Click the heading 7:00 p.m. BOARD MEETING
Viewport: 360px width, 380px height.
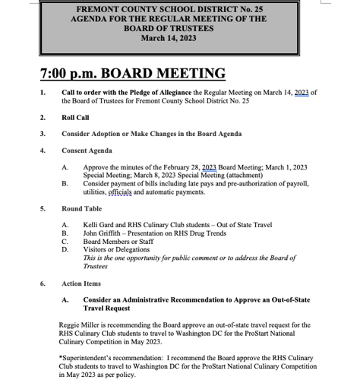[133, 74]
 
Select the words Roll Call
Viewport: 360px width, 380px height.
[75, 118]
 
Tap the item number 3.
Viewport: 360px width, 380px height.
[43, 134]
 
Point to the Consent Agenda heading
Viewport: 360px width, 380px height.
[87, 150]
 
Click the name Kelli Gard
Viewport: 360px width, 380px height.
[99, 226]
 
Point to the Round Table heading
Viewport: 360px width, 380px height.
[81, 209]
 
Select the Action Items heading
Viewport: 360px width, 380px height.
[81, 283]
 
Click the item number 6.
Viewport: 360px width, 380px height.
[43, 283]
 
